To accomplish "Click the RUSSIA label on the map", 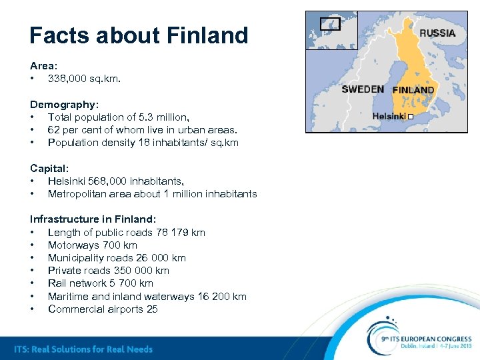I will (x=437, y=33).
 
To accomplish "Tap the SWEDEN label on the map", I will (x=362, y=89).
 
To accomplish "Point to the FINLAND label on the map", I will (x=413, y=90).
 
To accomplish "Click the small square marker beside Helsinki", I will (x=411, y=117).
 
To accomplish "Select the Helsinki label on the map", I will (x=389, y=116).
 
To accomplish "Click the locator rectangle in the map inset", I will (x=330, y=24).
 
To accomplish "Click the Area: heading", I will (x=44, y=66).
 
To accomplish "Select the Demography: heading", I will (x=64, y=105).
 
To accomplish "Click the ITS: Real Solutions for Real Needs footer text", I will (x=83, y=349).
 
